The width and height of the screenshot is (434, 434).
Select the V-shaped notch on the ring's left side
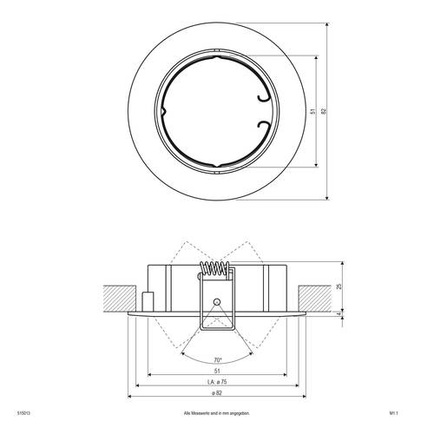(x=163, y=112)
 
